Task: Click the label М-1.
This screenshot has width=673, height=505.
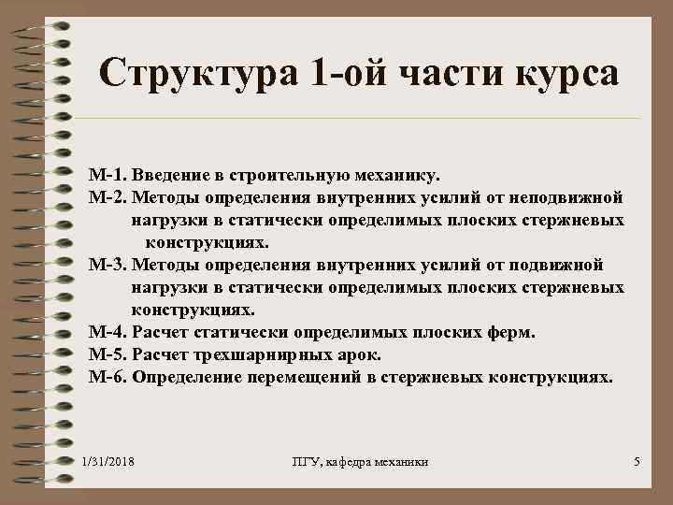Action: (x=107, y=175)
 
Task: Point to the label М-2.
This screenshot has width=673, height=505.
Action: (x=107, y=197)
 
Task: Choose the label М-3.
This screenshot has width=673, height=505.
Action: (x=107, y=265)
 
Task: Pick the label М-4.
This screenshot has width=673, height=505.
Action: (x=107, y=333)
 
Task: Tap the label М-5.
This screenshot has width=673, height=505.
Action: (x=107, y=355)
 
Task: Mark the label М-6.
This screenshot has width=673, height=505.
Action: (x=107, y=378)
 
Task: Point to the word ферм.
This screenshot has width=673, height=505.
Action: (x=513, y=333)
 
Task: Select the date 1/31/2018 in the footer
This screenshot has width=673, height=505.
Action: (x=107, y=462)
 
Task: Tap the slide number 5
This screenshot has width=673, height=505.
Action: (x=636, y=462)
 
